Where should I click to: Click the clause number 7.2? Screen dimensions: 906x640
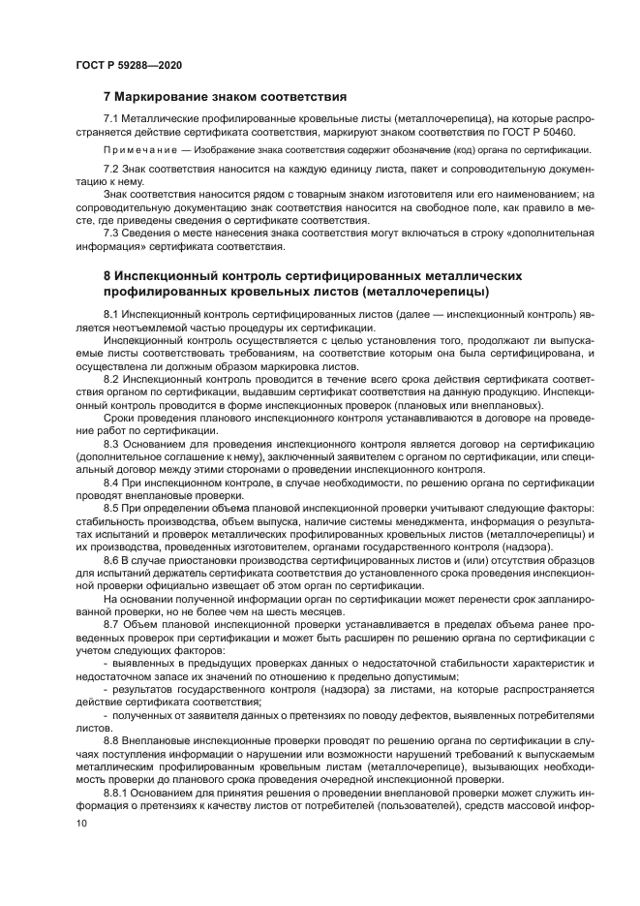(x=112, y=170)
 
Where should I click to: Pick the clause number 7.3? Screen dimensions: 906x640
(x=112, y=234)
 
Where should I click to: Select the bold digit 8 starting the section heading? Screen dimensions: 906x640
(x=107, y=275)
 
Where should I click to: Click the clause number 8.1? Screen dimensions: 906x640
(x=112, y=317)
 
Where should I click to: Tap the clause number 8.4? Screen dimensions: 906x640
(x=112, y=480)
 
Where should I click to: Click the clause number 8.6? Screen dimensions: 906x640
(x=112, y=559)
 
